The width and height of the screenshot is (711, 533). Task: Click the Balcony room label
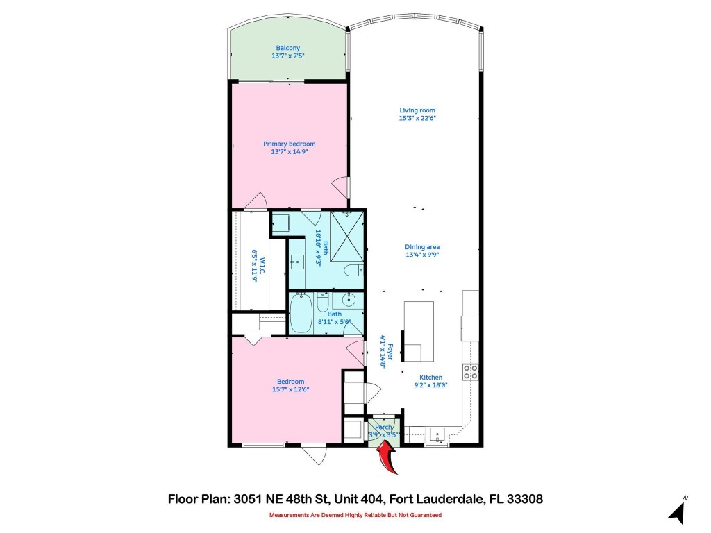[287, 48]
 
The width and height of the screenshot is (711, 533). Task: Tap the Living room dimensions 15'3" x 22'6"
[417, 118]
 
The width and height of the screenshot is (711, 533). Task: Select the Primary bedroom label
[289, 144]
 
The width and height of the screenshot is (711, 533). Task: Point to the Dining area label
[422, 247]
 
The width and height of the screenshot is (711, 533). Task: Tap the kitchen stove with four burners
[471, 371]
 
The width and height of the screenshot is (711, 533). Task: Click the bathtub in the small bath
[302, 314]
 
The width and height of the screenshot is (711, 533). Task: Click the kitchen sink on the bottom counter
[437, 435]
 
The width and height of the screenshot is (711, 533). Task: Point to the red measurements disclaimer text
[355, 516]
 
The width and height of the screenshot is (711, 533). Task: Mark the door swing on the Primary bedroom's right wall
[339, 186]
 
